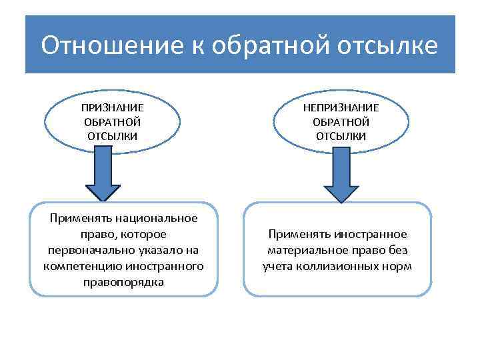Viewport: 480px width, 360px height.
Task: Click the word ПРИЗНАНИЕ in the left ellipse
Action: click(x=112, y=107)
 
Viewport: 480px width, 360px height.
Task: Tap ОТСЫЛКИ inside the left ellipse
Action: click(x=112, y=136)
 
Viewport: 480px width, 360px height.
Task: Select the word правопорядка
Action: click(x=124, y=282)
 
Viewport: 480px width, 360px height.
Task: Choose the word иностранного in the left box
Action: click(x=164, y=266)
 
